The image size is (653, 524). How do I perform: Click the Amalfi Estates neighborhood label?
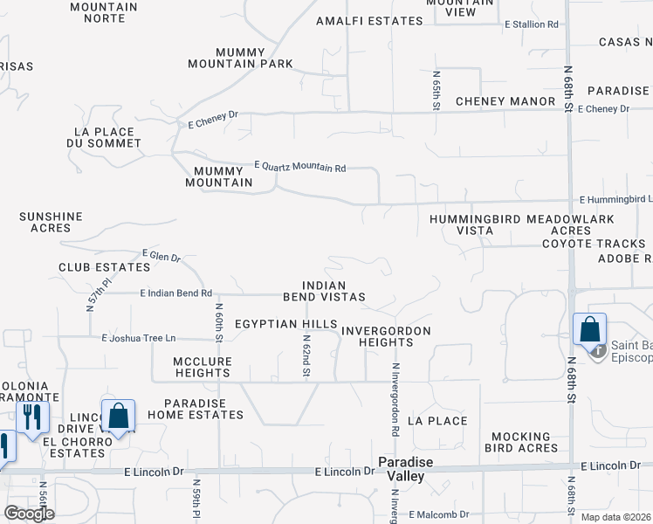click(x=363, y=21)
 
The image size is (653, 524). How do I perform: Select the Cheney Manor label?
click(x=505, y=101)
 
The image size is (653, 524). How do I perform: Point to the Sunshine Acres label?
click(x=51, y=222)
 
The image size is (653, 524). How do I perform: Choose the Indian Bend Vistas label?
click(x=324, y=292)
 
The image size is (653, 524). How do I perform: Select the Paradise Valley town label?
click(x=401, y=469)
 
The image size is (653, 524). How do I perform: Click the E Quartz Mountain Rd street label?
click(x=300, y=167)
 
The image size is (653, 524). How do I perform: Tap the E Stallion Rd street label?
click(x=531, y=24)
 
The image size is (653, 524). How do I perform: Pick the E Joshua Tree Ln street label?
click(x=139, y=338)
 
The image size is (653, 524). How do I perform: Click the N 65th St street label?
click(x=436, y=91)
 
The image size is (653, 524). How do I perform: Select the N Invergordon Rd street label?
click(x=395, y=400)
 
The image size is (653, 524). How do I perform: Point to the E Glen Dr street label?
click(x=161, y=255)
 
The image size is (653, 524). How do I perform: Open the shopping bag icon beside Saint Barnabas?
click(x=589, y=330)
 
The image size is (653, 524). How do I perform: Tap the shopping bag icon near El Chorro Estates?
click(x=118, y=415)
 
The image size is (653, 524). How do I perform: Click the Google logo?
click(x=29, y=514)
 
